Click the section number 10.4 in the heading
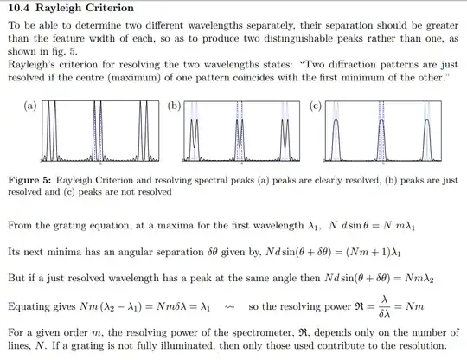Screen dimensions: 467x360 click(19, 10)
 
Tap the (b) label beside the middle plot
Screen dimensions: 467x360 click(175, 106)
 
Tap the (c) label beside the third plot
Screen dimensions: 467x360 click(315, 106)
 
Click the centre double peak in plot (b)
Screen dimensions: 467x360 click(240, 143)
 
